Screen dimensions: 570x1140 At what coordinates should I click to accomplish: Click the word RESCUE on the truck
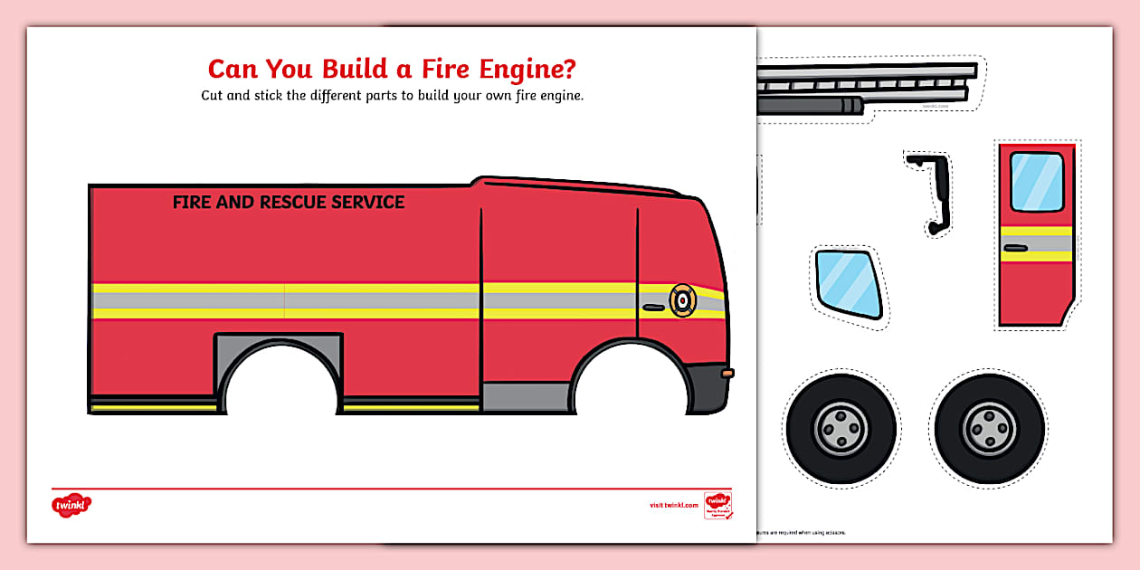293,203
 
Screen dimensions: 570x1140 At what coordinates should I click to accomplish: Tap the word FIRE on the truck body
192,203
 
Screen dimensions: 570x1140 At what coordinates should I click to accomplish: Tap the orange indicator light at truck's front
728,373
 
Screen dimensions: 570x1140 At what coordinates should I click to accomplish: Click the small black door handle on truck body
652,308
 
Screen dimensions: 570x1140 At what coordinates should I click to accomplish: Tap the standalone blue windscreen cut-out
849,284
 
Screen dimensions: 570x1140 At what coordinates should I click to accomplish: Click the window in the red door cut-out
1036,181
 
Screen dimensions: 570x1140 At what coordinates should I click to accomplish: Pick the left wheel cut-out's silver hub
841,427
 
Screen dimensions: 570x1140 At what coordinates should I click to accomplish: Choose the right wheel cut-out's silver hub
989,427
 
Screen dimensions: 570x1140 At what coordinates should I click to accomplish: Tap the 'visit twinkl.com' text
674,505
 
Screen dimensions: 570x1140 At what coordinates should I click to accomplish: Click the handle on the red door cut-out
1015,247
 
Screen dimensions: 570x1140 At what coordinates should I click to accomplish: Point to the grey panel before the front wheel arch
526,396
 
